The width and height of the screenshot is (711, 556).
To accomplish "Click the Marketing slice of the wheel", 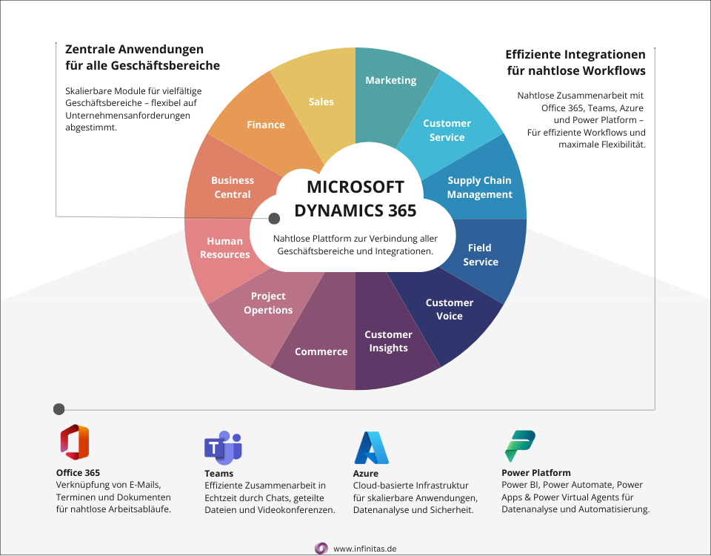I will point(390,81).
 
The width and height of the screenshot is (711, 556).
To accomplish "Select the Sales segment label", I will point(321,102).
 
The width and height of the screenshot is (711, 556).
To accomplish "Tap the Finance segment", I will point(265,125).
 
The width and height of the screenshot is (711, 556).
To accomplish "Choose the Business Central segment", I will point(232,187).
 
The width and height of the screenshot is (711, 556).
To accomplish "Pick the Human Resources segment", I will point(224,248).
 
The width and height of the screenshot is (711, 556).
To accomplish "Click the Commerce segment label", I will point(321,351).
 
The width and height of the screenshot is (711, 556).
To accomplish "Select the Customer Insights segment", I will point(388,341).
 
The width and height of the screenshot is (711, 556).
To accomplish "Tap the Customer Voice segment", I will point(449,309).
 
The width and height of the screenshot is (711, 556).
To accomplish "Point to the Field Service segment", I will point(481,254).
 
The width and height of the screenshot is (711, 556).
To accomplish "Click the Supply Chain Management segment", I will point(479,187).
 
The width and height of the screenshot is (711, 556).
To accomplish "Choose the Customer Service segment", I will point(447,130).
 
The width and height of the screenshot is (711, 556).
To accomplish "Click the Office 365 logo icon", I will point(74,443).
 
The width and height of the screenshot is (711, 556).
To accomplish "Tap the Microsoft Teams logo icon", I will point(223,447).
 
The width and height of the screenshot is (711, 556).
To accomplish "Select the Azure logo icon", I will point(371,447).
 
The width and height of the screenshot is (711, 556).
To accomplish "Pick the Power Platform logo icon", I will point(520,446).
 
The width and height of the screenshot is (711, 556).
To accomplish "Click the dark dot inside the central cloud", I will point(274,219).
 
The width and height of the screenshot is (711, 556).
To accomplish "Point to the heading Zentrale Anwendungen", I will point(134,50).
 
